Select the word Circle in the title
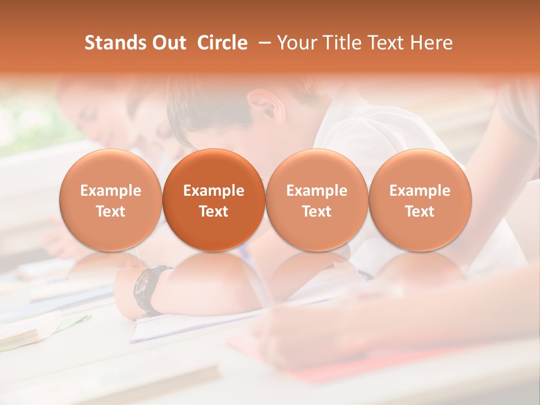222,43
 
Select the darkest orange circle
214,200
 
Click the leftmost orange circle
111,200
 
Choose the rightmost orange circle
420,200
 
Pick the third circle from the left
317,200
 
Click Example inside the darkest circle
214,191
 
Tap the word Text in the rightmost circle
420,211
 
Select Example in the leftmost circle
111,191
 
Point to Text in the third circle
317,211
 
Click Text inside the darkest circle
214,211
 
